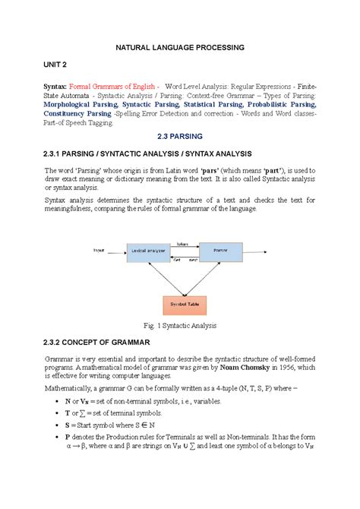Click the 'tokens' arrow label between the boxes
click(x=183, y=244)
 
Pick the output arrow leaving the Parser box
click(x=258, y=252)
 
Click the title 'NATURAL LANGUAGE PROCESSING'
click(x=179, y=48)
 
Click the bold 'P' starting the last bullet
click(x=67, y=439)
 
